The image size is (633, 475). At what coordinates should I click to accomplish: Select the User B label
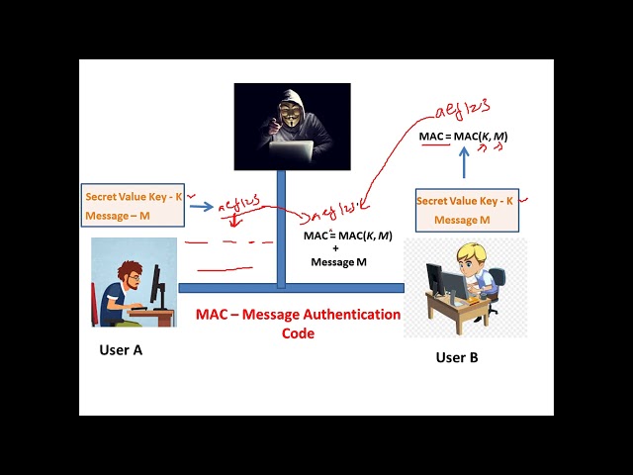pyautogui.click(x=457, y=357)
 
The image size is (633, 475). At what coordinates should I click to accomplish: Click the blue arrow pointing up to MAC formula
pyautogui.click(x=464, y=163)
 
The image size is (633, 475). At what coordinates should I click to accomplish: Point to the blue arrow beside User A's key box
pyautogui.click(x=201, y=207)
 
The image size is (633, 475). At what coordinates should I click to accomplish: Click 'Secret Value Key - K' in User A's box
pyautogui.click(x=134, y=197)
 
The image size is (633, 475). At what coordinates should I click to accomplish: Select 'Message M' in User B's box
pyautogui.click(x=462, y=220)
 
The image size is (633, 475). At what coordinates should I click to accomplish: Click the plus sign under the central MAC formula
pyautogui.click(x=335, y=248)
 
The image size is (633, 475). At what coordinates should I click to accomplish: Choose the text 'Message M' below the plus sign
pyautogui.click(x=338, y=262)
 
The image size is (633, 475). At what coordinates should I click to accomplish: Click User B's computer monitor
pyautogui.click(x=453, y=285)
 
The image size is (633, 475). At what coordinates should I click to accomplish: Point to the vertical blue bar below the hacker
pyautogui.click(x=281, y=228)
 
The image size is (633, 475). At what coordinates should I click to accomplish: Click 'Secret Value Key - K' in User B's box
pyautogui.click(x=465, y=201)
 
